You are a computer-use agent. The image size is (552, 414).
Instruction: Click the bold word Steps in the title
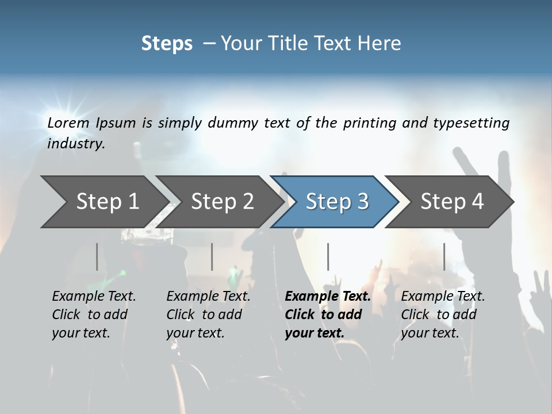(x=167, y=44)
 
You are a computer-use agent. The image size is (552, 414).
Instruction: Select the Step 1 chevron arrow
(x=103, y=202)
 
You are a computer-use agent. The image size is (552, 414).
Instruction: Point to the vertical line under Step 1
(x=97, y=256)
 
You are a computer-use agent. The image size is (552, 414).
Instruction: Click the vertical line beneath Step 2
(x=212, y=256)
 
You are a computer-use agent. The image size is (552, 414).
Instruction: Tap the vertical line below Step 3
(x=328, y=256)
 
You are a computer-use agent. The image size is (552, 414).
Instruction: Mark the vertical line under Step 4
(x=444, y=256)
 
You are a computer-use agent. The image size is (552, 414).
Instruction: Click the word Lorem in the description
(x=68, y=123)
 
